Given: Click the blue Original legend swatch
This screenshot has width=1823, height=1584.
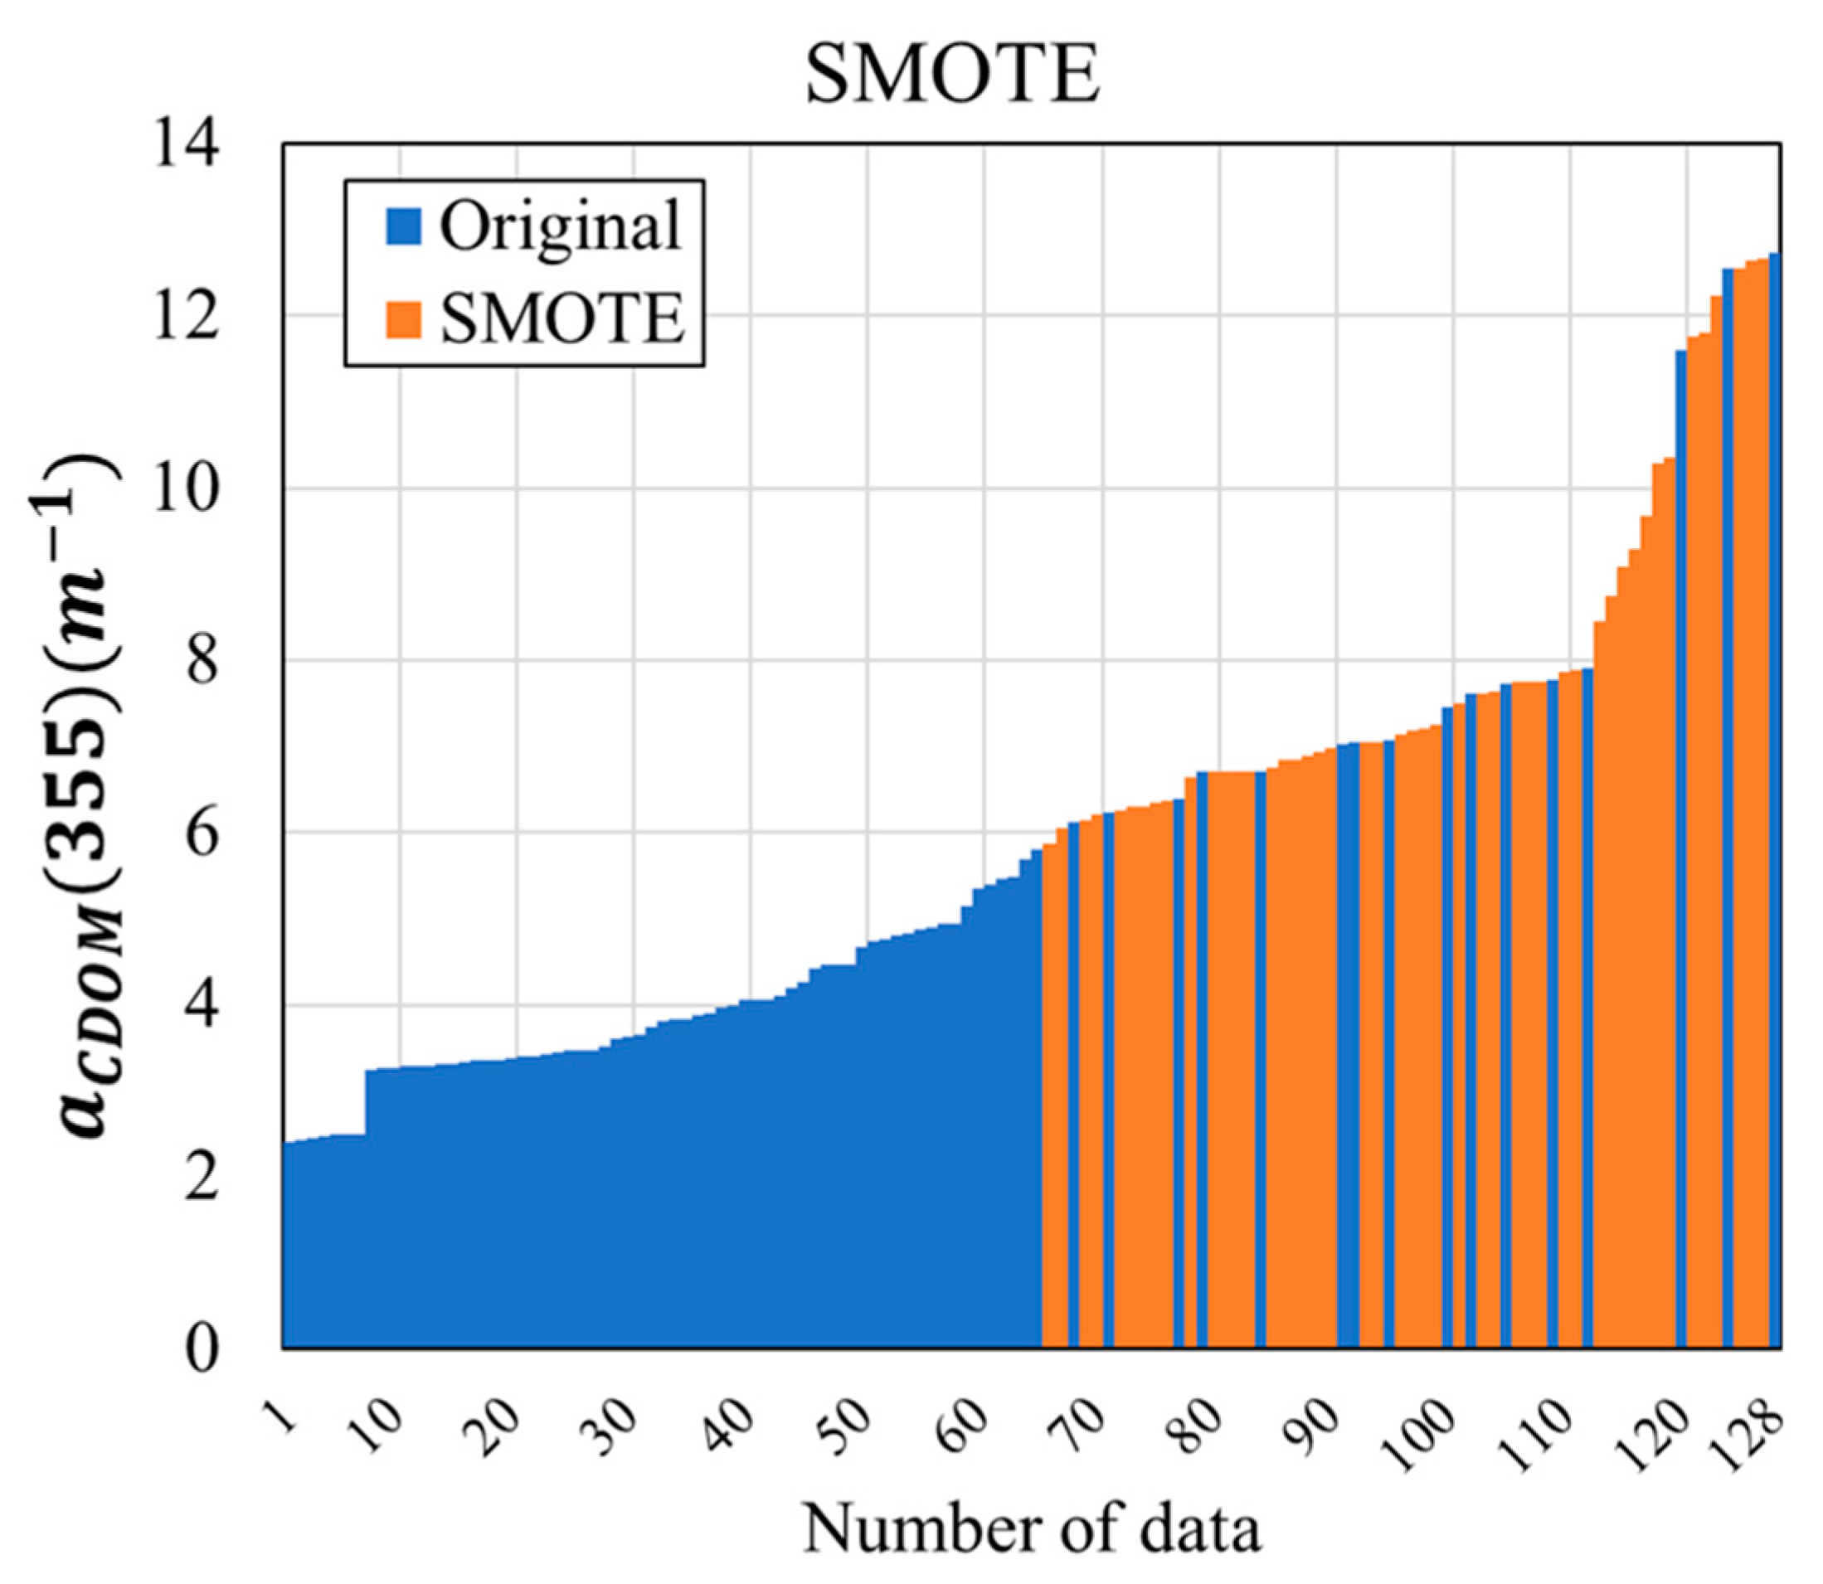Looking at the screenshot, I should coord(403,226).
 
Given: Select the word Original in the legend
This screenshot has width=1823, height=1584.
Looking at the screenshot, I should coord(561,226).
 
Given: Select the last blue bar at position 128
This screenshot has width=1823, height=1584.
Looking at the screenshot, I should coord(1774,795).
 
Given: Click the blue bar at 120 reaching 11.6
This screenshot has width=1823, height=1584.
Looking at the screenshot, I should coord(1680,848).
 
